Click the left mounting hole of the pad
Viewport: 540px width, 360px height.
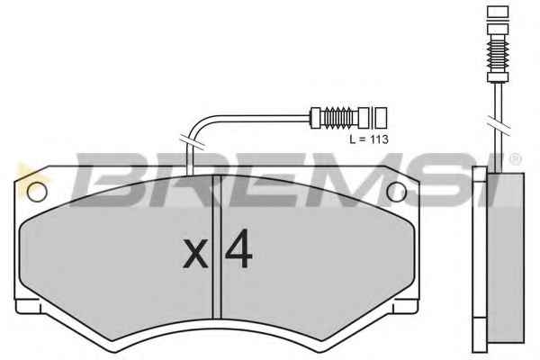coord(37,192)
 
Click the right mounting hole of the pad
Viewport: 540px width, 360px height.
coord(396,192)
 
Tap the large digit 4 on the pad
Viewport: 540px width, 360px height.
coord(239,248)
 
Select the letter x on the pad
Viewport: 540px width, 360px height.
coord(195,254)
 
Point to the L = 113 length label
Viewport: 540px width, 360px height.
coord(369,139)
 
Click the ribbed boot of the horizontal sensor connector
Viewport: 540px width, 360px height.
coord(338,118)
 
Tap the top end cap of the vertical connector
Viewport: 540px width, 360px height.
coord(498,12)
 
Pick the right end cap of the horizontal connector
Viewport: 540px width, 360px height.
coord(381,118)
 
